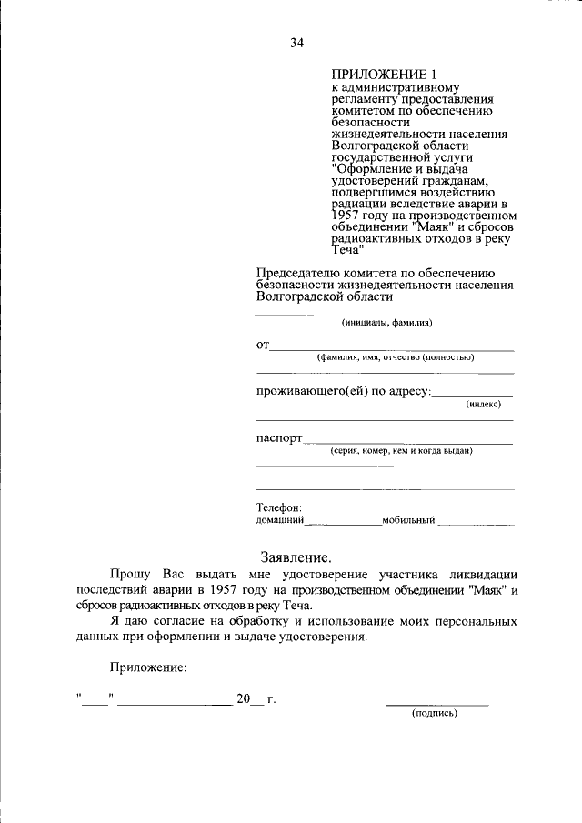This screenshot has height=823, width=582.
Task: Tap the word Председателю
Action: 297,272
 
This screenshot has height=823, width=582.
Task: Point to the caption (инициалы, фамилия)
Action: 386,323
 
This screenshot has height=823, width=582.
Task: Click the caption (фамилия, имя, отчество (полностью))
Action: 395,357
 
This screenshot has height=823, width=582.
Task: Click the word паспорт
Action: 278,437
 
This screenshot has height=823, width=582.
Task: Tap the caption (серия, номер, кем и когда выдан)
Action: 401,450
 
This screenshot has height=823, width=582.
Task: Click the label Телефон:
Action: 278,507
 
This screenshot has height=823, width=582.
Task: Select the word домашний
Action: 279,521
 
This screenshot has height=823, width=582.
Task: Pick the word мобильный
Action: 408,521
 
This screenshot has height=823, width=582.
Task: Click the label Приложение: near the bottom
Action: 149,667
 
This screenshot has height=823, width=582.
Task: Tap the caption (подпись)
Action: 435,714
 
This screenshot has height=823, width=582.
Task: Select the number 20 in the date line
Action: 243,698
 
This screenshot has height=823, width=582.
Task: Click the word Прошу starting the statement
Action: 131,575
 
